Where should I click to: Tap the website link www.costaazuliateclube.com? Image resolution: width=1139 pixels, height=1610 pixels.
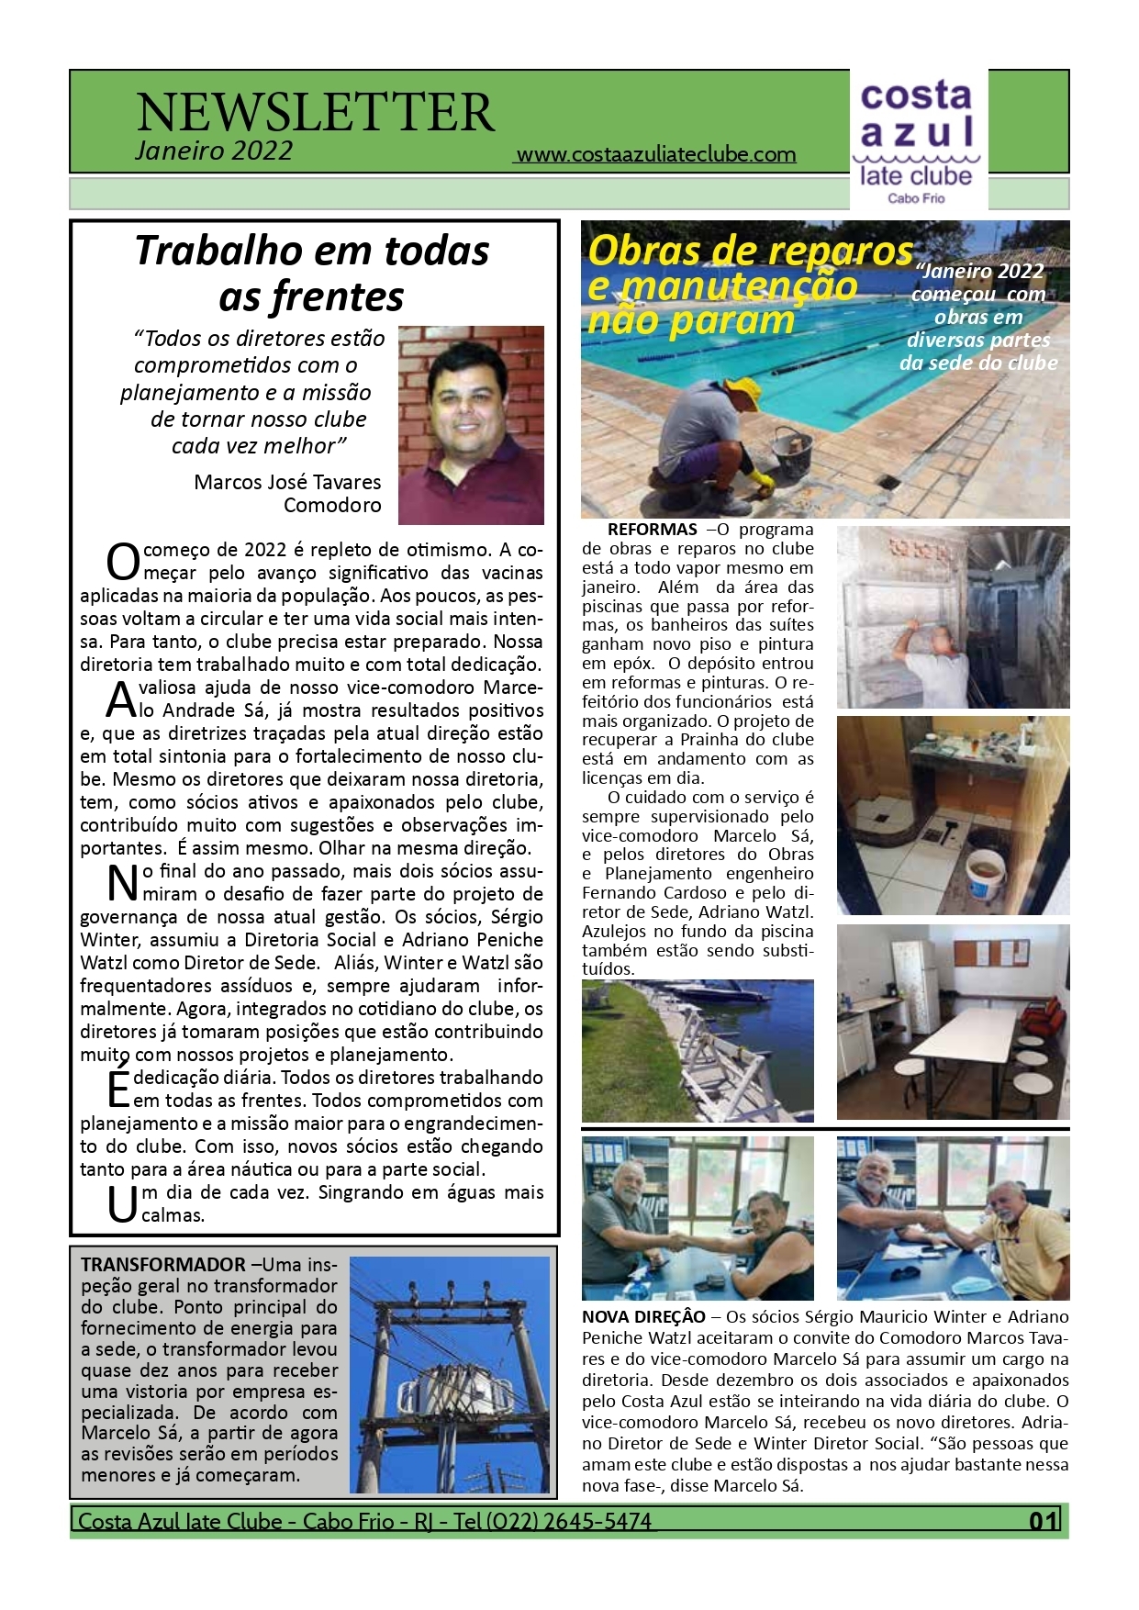pyautogui.click(x=655, y=154)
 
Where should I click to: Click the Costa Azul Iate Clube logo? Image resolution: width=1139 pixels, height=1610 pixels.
pyautogui.click(x=916, y=140)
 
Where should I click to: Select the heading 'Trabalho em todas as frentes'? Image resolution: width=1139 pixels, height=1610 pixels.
pyautogui.click(x=312, y=273)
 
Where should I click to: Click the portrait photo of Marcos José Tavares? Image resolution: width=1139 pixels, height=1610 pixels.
pyautogui.click(x=471, y=424)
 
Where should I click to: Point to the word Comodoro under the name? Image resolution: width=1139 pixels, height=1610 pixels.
pyautogui.click(x=332, y=505)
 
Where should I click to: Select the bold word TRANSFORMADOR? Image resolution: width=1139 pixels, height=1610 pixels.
pyautogui.click(x=162, y=1264)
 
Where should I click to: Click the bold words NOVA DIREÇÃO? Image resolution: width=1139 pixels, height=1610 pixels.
pyautogui.click(x=643, y=1316)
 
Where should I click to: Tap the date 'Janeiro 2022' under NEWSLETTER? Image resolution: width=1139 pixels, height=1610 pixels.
pyautogui.click(x=214, y=151)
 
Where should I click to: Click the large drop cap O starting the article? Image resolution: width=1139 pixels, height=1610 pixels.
pyautogui.click(x=123, y=561)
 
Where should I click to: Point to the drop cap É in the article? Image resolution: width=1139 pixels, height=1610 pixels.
pyautogui.click(x=118, y=1088)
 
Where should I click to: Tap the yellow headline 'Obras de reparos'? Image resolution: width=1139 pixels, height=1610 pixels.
pyautogui.click(x=750, y=251)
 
